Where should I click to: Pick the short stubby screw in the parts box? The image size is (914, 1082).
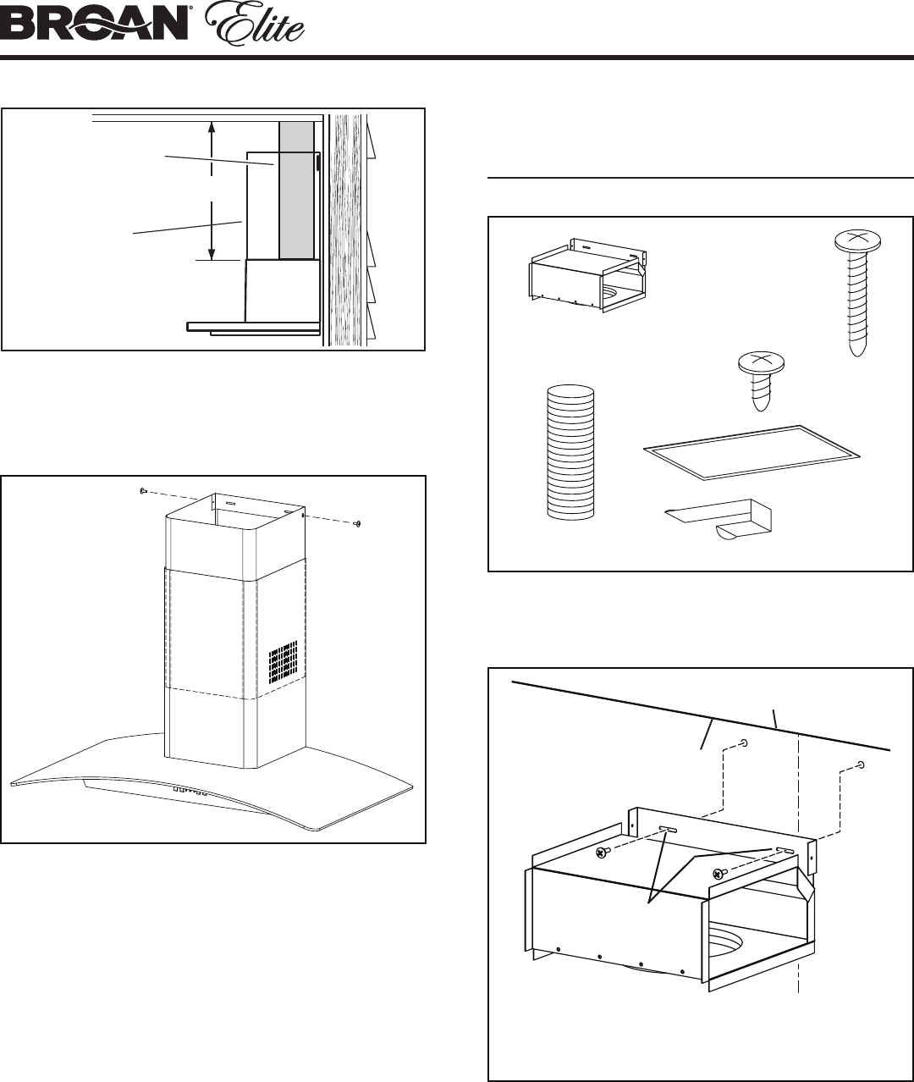[x=761, y=381]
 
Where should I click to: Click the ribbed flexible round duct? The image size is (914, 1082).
[x=570, y=452]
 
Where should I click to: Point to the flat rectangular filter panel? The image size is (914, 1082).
[x=752, y=453]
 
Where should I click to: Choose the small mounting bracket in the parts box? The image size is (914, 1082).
[x=587, y=275]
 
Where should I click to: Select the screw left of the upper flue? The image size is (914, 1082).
[x=144, y=490]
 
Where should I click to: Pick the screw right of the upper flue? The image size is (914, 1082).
[x=357, y=524]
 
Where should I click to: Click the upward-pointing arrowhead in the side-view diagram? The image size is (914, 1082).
[x=212, y=128]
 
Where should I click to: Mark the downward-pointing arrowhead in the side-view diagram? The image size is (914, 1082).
[x=212, y=253]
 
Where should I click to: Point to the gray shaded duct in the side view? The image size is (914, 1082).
[x=296, y=190]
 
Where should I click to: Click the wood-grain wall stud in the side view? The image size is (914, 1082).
[x=345, y=229]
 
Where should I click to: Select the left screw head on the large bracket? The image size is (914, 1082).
[x=601, y=852]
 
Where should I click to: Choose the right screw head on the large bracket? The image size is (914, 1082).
[x=719, y=873]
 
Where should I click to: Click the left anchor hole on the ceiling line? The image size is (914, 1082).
[x=744, y=742]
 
